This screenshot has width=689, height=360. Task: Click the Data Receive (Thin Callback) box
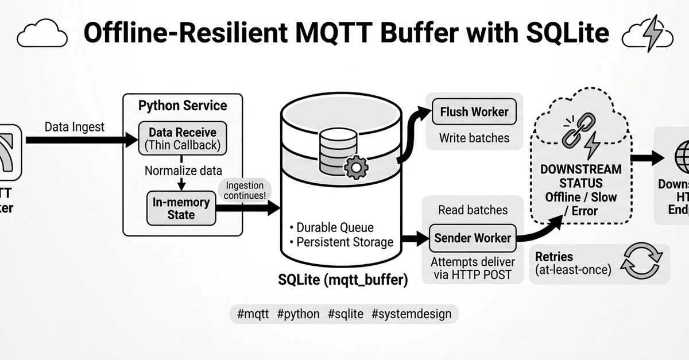coord(183,138)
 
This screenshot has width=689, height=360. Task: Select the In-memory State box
coord(181,208)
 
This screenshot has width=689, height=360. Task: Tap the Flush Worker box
coord(474,112)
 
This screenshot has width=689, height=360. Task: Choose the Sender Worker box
coord(473,238)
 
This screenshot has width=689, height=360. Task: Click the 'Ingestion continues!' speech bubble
coord(244,191)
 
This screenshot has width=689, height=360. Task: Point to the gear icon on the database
coord(356,167)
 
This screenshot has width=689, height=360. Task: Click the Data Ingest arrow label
coord(75,127)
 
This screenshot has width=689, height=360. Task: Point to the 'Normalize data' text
coord(183,171)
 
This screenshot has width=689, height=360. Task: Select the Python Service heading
coord(183,106)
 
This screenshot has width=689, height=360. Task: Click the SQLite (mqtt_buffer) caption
coord(343,280)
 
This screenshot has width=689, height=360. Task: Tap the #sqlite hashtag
coord(346,314)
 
